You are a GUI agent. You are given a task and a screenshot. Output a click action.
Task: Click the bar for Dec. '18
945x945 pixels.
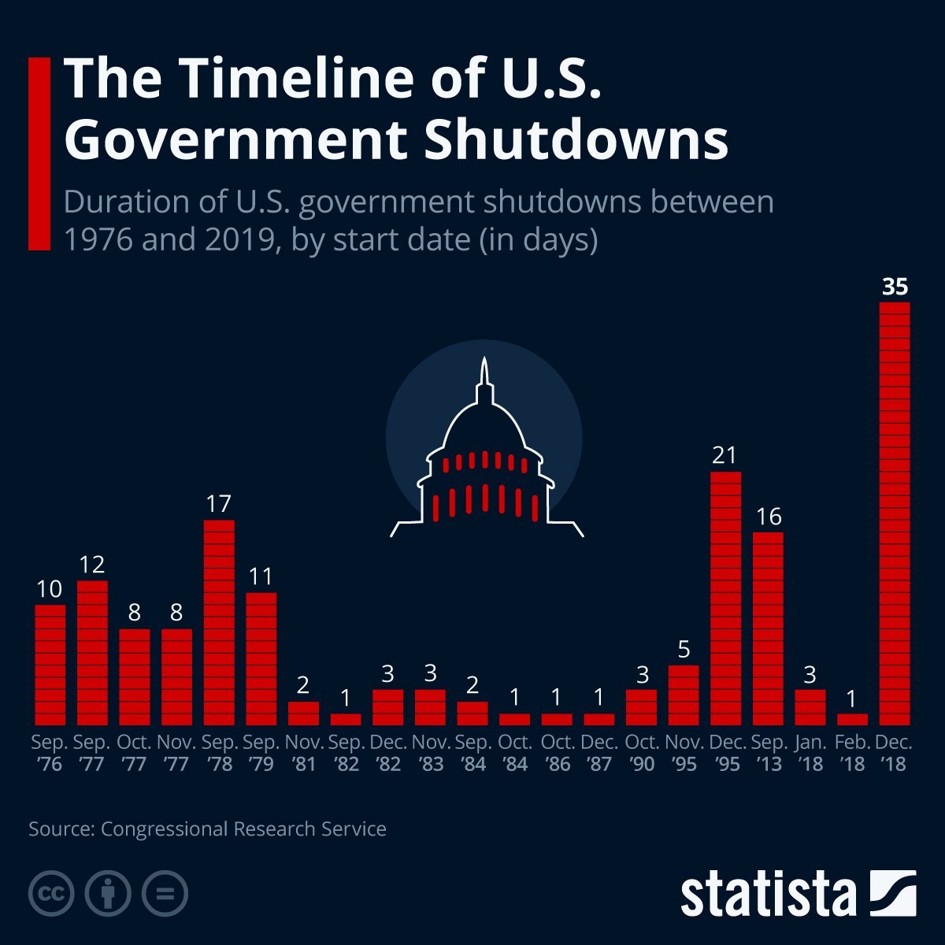895,513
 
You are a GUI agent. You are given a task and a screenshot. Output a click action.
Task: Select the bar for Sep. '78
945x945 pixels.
219,622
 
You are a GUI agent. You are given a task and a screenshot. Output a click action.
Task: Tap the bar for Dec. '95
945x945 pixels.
726,598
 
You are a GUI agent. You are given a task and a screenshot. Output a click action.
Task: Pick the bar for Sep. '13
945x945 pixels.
768,628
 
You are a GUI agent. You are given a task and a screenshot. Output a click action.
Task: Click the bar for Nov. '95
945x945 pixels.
684,695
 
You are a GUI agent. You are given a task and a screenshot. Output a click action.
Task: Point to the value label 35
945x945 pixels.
895,287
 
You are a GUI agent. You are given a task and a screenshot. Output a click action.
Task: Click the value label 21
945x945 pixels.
724,455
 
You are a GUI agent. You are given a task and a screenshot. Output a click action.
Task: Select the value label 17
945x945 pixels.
218,504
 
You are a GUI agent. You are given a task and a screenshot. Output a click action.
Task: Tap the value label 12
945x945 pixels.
91,565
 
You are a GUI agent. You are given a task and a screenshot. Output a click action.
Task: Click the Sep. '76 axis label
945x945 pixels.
50,753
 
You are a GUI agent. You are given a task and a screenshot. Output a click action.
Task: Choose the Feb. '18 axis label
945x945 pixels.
853,753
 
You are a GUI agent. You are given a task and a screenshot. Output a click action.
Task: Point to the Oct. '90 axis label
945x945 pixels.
642,753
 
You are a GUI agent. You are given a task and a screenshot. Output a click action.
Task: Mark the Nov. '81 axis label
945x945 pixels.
304,753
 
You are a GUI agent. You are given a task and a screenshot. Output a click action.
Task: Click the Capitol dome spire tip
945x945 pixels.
484,360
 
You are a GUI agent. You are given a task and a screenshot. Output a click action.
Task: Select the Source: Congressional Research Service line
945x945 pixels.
207,829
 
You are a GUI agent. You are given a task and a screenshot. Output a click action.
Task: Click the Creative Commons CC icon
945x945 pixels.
51,894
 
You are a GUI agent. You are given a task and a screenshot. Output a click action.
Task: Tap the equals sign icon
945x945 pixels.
165,894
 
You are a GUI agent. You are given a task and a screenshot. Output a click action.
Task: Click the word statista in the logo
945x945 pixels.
768,894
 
